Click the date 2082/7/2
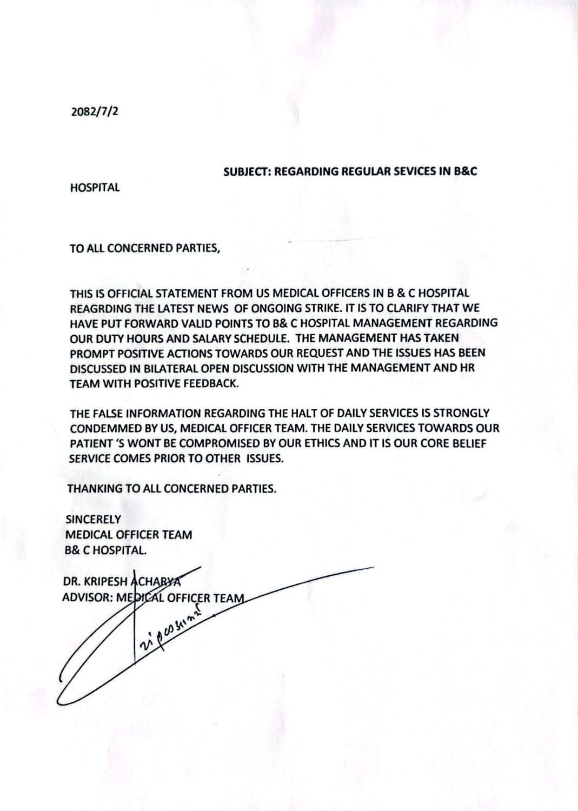[x=95, y=112]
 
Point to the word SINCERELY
[x=93, y=520]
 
